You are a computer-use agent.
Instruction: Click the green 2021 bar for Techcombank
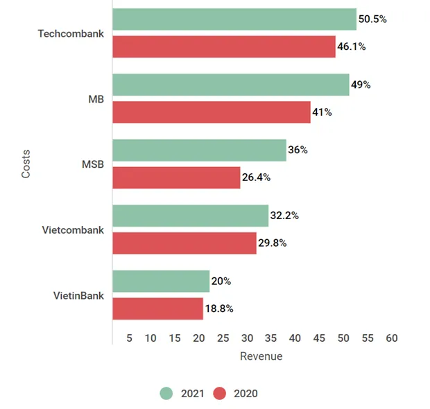234,19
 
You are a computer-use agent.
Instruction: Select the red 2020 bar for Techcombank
223,46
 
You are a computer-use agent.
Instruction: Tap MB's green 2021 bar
230,85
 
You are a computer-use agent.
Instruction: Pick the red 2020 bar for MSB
176,177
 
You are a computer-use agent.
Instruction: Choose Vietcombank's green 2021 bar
190,216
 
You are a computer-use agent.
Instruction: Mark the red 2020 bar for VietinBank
157,308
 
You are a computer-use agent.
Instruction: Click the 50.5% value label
372,19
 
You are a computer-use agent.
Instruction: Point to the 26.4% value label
256,177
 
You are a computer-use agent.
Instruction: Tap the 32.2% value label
284,216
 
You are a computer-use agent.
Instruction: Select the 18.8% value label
219,308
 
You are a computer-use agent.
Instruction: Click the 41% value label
322,112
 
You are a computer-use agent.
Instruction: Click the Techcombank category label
71,33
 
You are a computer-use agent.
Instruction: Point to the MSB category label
92,164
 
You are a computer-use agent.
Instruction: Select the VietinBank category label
78,295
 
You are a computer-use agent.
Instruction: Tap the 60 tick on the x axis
391,338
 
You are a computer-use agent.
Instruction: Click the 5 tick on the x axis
129,338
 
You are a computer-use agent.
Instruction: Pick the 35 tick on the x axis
270,338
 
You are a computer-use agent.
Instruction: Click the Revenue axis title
261,356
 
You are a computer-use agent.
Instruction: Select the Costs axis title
26,164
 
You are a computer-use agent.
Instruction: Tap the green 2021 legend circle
166,393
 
